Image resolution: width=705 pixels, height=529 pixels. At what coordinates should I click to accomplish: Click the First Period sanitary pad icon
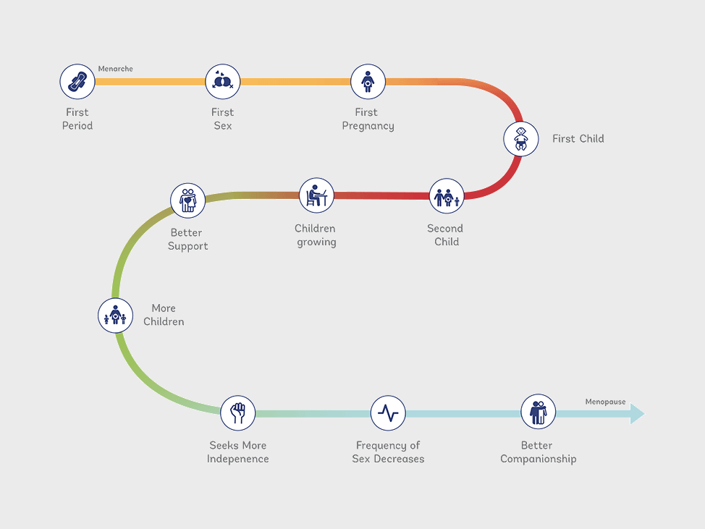(77, 82)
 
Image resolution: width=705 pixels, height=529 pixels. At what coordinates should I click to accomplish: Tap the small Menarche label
(116, 69)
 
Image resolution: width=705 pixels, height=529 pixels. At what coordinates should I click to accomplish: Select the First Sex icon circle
(223, 82)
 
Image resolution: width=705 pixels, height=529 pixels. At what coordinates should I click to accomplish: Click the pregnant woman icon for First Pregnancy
(368, 82)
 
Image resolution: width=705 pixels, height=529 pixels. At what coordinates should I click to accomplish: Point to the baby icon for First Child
(521, 138)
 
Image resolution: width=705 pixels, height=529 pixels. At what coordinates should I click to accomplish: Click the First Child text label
(578, 139)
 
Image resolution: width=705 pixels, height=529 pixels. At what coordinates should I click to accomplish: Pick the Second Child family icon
(447, 196)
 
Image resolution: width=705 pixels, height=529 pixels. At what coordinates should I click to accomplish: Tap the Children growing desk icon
(316, 195)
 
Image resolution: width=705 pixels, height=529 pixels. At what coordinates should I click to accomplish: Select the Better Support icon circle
(188, 200)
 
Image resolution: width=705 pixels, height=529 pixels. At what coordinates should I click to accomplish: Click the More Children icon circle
(115, 316)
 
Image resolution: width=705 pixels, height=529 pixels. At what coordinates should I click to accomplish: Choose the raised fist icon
(238, 413)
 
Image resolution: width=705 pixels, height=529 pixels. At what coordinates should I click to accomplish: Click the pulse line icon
(388, 413)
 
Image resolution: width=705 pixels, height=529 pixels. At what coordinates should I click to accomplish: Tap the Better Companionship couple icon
(538, 412)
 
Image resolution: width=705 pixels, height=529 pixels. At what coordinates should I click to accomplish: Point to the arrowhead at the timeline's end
(636, 413)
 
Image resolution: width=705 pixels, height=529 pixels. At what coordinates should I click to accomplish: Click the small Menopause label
(605, 402)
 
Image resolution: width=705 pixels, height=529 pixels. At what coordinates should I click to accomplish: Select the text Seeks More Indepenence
(238, 452)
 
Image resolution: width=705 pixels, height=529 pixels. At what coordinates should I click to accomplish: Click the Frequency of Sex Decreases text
(388, 452)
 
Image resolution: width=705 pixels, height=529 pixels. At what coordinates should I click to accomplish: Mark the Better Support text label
(188, 240)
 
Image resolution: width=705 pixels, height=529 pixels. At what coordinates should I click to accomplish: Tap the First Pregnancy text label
(368, 119)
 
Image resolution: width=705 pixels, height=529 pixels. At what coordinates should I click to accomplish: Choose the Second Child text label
(446, 235)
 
